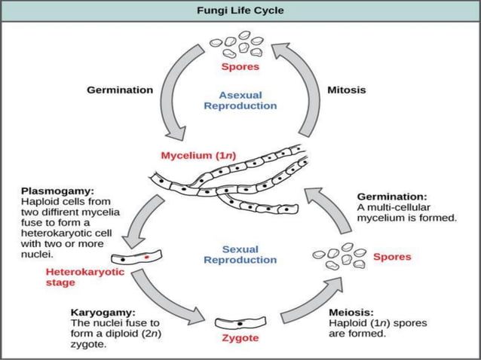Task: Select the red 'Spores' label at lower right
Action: [x=392, y=257]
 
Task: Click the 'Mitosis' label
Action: [x=347, y=90]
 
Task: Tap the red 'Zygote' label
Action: [x=239, y=338]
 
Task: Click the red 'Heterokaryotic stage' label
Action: [x=71, y=278]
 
